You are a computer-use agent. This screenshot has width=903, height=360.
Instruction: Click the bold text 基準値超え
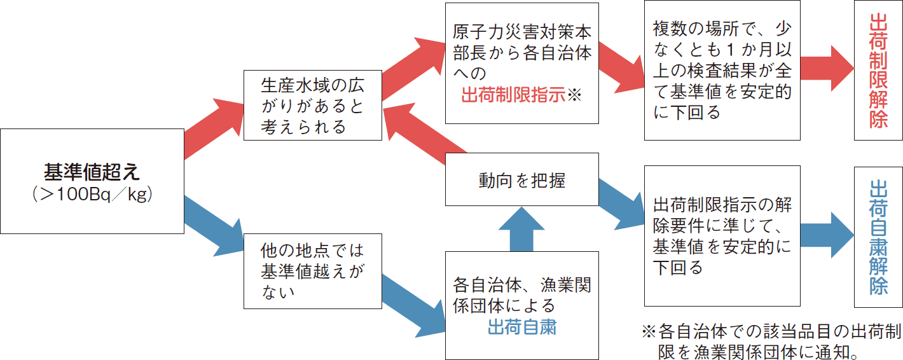tap(92, 171)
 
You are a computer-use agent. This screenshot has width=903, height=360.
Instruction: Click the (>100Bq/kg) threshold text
tap(92, 195)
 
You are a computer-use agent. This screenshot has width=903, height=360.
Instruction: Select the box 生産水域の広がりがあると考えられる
tap(313, 106)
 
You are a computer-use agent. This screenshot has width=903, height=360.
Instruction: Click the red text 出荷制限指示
tap(513, 95)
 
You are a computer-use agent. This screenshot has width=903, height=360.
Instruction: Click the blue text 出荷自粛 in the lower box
tap(522, 328)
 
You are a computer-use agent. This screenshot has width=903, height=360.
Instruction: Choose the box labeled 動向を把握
tap(521, 181)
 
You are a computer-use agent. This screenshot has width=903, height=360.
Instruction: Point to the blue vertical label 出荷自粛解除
tap(878, 237)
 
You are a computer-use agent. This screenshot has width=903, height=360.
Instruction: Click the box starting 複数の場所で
tap(722, 70)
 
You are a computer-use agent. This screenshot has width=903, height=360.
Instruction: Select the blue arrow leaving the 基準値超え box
tap(213, 219)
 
